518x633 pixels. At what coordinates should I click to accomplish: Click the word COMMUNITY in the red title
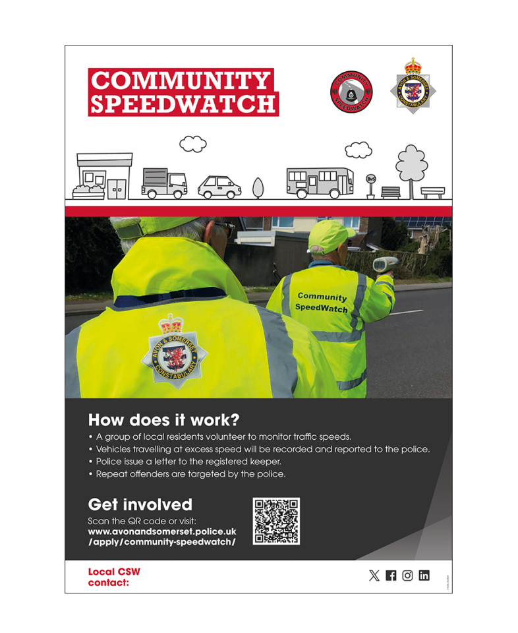click(x=179, y=80)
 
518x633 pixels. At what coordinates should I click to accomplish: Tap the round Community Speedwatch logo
click(x=351, y=92)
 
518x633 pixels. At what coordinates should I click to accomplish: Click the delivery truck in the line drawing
click(x=163, y=183)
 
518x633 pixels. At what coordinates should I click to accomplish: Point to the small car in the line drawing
click(x=219, y=187)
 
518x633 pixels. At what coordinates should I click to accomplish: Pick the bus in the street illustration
click(x=319, y=183)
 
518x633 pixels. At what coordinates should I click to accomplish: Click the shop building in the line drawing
click(x=104, y=176)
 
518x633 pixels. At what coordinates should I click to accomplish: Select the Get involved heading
click(x=140, y=505)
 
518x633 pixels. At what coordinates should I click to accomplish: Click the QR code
click(x=276, y=521)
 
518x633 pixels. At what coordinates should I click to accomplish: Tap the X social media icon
click(x=374, y=576)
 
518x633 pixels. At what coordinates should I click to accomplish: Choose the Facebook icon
click(x=391, y=576)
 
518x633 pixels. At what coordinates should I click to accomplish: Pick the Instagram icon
click(x=407, y=576)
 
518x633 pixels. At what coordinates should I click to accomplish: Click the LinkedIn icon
click(x=424, y=576)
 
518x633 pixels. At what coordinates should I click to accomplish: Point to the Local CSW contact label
click(x=114, y=577)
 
